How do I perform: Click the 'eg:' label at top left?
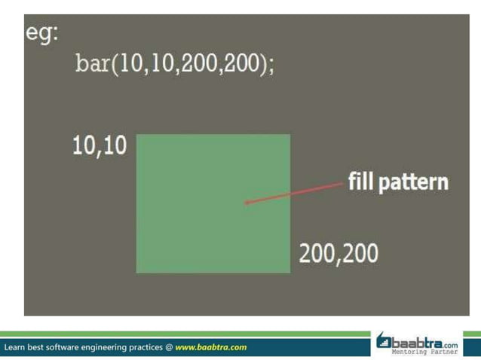[41, 35]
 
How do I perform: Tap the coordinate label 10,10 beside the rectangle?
[100, 146]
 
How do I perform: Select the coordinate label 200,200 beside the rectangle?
[339, 254]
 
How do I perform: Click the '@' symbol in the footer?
[168, 347]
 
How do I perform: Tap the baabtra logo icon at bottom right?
[384, 341]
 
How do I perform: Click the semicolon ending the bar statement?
[271, 66]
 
